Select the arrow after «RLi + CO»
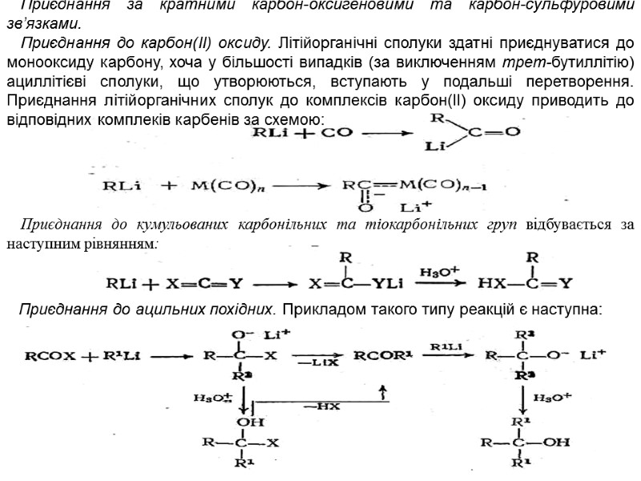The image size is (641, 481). (x=384, y=133)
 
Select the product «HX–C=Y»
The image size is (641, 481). (x=524, y=283)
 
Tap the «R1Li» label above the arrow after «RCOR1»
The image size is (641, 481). (x=445, y=346)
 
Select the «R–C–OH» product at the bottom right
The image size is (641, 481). (x=526, y=441)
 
